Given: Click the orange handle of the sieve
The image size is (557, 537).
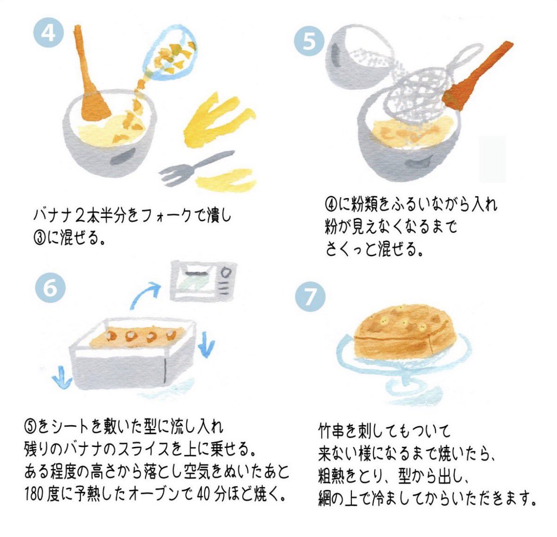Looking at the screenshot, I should coord(478,74).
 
